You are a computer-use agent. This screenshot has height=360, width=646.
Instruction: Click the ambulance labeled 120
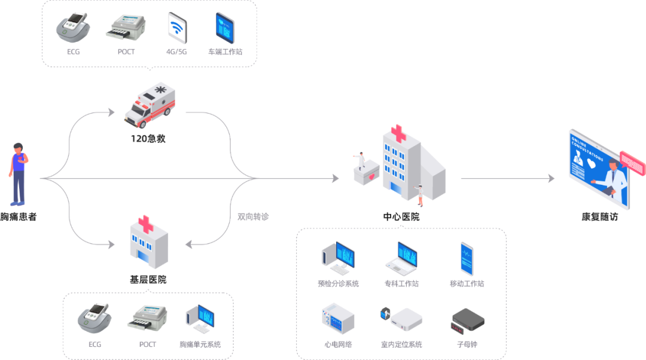[150, 105]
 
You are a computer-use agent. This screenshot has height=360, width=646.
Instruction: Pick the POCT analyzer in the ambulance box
[126, 28]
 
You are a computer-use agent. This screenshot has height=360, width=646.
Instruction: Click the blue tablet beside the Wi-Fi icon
[225, 27]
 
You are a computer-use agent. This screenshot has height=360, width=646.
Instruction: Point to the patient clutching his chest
[19, 174]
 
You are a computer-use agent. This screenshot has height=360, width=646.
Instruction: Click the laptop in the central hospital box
[401, 257]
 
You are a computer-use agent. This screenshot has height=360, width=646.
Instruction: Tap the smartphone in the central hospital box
[467, 258]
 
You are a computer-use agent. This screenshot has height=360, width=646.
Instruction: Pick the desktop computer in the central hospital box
[338, 257]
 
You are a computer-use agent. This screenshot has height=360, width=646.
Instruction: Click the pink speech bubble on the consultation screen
[632, 160]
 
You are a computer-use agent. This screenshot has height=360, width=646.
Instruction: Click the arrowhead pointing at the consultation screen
[551, 178]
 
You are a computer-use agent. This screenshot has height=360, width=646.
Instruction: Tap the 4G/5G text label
[176, 52]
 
